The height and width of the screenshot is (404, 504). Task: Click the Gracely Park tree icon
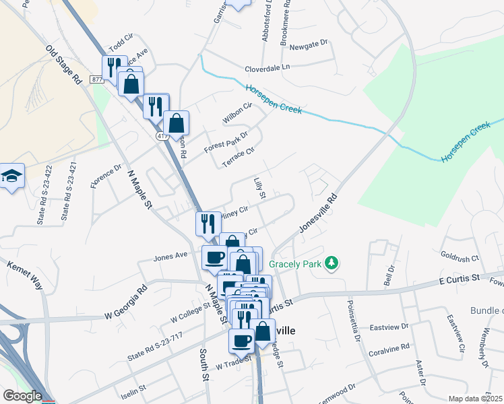point(331,263)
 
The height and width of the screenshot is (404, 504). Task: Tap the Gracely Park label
point(295,263)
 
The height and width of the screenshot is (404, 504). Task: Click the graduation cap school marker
point(11,176)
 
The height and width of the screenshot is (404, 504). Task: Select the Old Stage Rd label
point(65,64)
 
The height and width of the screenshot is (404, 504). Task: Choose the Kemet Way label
point(25,276)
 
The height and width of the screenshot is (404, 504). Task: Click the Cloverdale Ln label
point(267,68)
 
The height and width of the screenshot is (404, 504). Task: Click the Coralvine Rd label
point(389,350)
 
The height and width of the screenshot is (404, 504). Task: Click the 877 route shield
point(97,79)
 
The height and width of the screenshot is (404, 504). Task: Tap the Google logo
point(22,396)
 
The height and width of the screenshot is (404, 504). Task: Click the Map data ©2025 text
point(475,399)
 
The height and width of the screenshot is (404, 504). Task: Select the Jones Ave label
point(170,257)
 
